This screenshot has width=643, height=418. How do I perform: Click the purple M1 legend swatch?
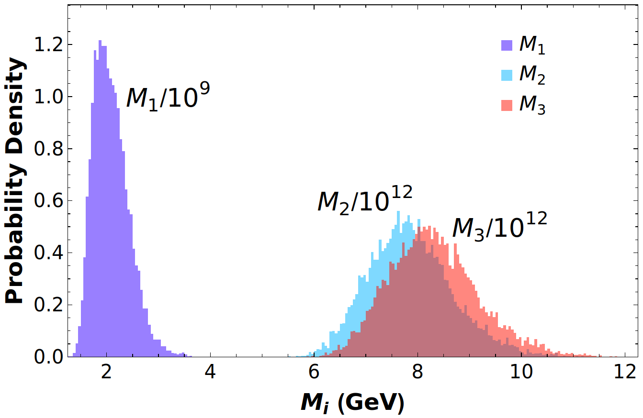(507, 45)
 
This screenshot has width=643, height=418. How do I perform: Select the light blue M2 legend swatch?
(507, 75)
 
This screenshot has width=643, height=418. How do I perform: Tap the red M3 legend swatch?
(507, 105)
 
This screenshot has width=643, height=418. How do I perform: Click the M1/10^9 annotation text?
(168, 97)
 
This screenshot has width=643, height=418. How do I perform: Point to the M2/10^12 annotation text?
(365, 200)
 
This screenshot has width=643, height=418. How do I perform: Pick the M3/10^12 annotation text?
(500, 227)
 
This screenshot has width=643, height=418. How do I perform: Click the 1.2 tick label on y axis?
(48, 45)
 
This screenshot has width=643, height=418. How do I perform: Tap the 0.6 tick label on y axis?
(48, 201)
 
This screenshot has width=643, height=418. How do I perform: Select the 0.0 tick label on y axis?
(48, 357)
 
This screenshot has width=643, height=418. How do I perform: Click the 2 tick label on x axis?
(106, 372)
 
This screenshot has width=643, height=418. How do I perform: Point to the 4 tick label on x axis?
(210, 372)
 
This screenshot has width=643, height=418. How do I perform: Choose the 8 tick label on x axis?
(417, 372)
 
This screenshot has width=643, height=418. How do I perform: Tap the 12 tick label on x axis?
(625, 372)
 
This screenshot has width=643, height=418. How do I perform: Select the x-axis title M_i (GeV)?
(352, 403)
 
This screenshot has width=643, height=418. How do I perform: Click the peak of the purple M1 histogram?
(100, 41)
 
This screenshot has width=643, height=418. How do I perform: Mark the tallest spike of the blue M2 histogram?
(398, 211)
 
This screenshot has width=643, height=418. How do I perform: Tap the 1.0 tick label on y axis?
(48, 97)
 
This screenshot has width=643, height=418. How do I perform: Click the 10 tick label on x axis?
(521, 372)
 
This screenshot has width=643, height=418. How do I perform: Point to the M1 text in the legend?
(532, 46)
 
